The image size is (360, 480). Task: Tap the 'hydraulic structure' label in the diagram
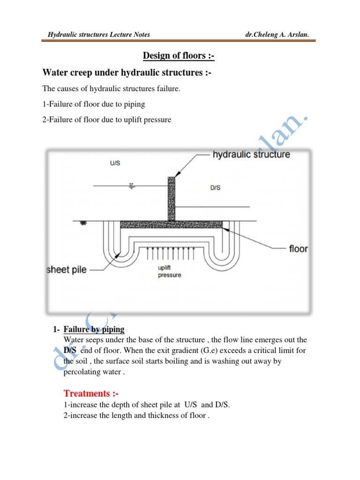coord(251,154)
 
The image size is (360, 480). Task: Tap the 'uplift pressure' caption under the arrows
coord(170,271)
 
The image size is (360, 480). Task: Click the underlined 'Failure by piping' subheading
coord(94,330)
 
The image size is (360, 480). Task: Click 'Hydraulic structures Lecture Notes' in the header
coord(99,34)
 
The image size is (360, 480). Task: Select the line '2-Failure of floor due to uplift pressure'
coord(107,120)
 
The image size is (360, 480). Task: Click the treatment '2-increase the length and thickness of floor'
coord(135,415)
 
